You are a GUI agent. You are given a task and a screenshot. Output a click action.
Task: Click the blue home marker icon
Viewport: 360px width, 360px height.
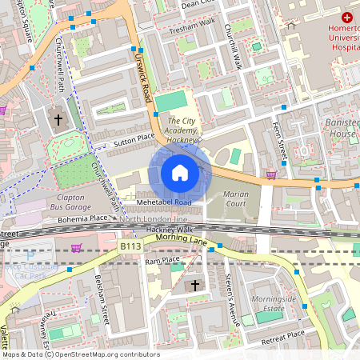(x=180, y=173)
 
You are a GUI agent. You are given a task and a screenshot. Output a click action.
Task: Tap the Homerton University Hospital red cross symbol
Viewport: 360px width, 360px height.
(x=347, y=17)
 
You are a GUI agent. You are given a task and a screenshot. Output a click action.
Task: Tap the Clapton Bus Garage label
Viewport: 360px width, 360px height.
(x=70, y=202)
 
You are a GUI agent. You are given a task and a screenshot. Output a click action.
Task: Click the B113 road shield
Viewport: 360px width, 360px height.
(x=130, y=247)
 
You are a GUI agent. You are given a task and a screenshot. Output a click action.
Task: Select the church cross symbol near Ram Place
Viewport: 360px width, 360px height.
(x=194, y=286)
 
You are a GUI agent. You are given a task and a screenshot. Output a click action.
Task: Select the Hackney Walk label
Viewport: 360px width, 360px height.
(x=170, y=230)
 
